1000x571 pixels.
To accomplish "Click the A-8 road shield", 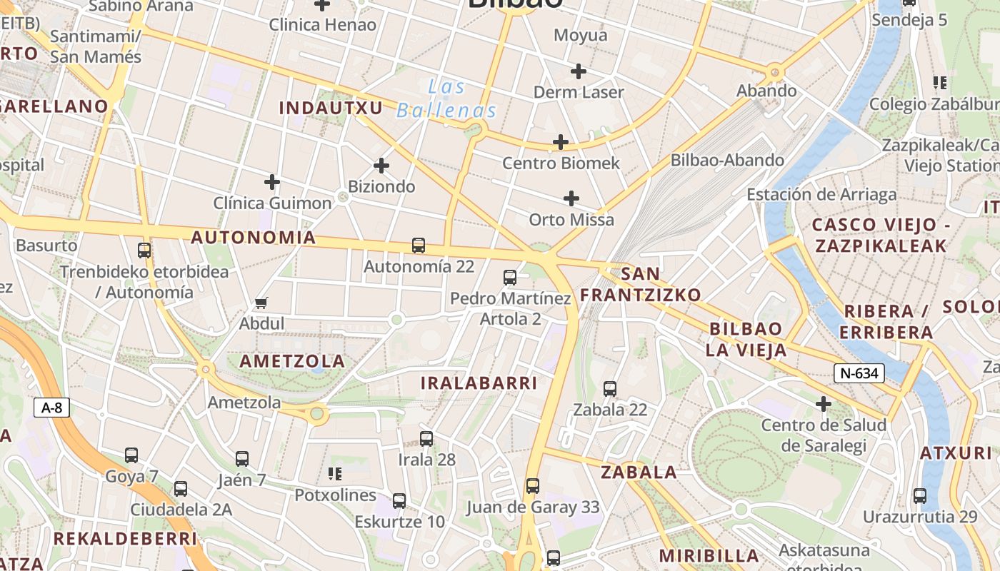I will [x=52, y=408].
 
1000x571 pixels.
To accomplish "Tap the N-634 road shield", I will [x=859, y=373].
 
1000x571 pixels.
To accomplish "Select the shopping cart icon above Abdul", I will [x=261, y=303].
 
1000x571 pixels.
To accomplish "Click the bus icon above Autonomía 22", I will [x=419, y=246].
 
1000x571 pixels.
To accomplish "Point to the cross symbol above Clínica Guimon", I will [x=272, y=182].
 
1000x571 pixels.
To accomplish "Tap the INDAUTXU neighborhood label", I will [x=331, y=108].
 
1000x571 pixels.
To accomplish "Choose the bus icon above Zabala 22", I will [x=610, y=389].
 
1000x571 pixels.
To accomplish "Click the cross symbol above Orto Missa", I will [x=571, y=198].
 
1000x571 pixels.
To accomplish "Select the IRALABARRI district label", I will [x=479, y=383].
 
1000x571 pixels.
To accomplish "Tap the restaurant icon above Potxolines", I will [x=335, y=474].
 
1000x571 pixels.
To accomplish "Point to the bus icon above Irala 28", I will [x=426, y=439].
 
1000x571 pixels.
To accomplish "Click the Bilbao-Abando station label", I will [x=727, y=160].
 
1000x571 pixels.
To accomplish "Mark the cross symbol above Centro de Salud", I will [x=824, y=405].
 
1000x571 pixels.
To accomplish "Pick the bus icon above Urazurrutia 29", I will [x=920, y=496].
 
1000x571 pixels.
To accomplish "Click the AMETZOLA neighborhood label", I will [x=292, y=361].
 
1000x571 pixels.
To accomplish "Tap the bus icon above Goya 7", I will [x=131, y=455].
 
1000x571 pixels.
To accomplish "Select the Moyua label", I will [x=580, y=35].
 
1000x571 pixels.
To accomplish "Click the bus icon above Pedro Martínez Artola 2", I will [x=510, y=278].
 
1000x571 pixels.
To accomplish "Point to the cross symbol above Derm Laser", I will [x=579, y=71].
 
